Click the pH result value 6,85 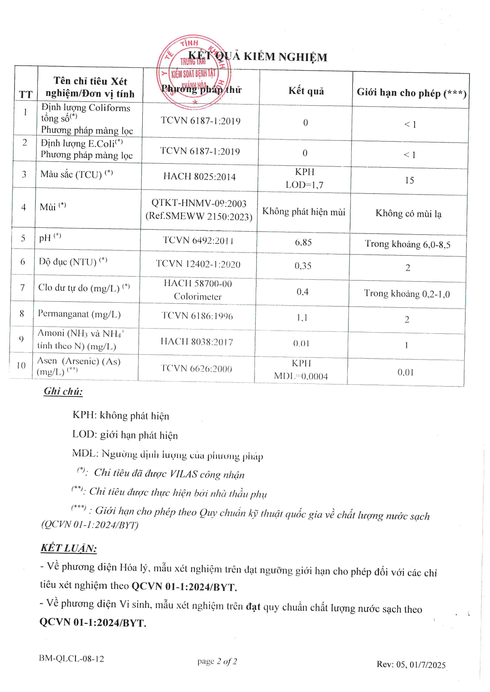coord(303,242)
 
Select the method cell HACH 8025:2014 coord(200,176)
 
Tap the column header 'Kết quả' coord(306,91)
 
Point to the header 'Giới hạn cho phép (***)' coord(411,93)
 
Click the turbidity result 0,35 coord(303,266)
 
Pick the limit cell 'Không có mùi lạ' coord(408,214)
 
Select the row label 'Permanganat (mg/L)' coord(79,314)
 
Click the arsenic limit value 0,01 coord(405,372)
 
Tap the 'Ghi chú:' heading coord(63,391)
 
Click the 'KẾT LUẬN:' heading coord(68,548)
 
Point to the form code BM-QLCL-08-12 coord(72,658)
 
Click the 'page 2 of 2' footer coord(217,661)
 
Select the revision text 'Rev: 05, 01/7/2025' coord(411,664)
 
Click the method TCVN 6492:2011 coord(198,240)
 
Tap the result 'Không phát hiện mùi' coord(303,212)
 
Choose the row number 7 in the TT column coord(23,288)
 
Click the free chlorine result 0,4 coord(302,292)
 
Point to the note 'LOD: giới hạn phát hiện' coord(125,435)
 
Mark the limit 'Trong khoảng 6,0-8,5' coord(407,244)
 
